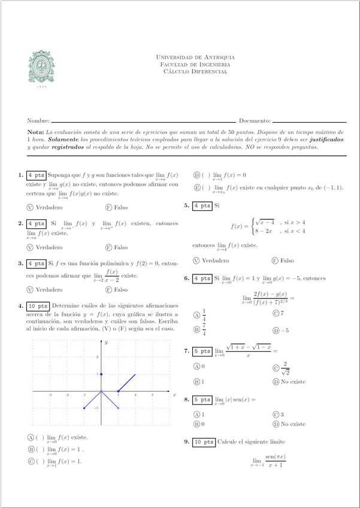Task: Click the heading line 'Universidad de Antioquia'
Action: click(x=195, y=58)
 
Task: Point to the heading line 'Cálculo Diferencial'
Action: click(x=195, y=71)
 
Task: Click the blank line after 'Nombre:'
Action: click(x=143, y=121)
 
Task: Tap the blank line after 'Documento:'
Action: click(x=309, y=121)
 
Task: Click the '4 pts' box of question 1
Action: click(x=36, y=176)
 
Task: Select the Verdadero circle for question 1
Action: click(x=30, y=207)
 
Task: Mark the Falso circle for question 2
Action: click(x=108, y=247)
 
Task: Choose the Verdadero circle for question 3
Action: click(x=30, y=289)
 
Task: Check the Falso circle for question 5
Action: click(x=275, y=261)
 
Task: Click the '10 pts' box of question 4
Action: click(x=38, y=306)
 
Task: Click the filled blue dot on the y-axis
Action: click(x=101, y=374)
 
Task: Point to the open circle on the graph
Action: click(x=118, y=408)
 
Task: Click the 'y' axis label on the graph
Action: click(x=105, y=342)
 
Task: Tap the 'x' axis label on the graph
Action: click(x=174, y=395)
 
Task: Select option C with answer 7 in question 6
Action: click(x=276, y=313)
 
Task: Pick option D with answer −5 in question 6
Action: click(x=276, y=330)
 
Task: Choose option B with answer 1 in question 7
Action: click(x=196, y=381)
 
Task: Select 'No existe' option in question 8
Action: click(x=276, y=424)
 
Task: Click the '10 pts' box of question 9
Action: click(x=204, y=442)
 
